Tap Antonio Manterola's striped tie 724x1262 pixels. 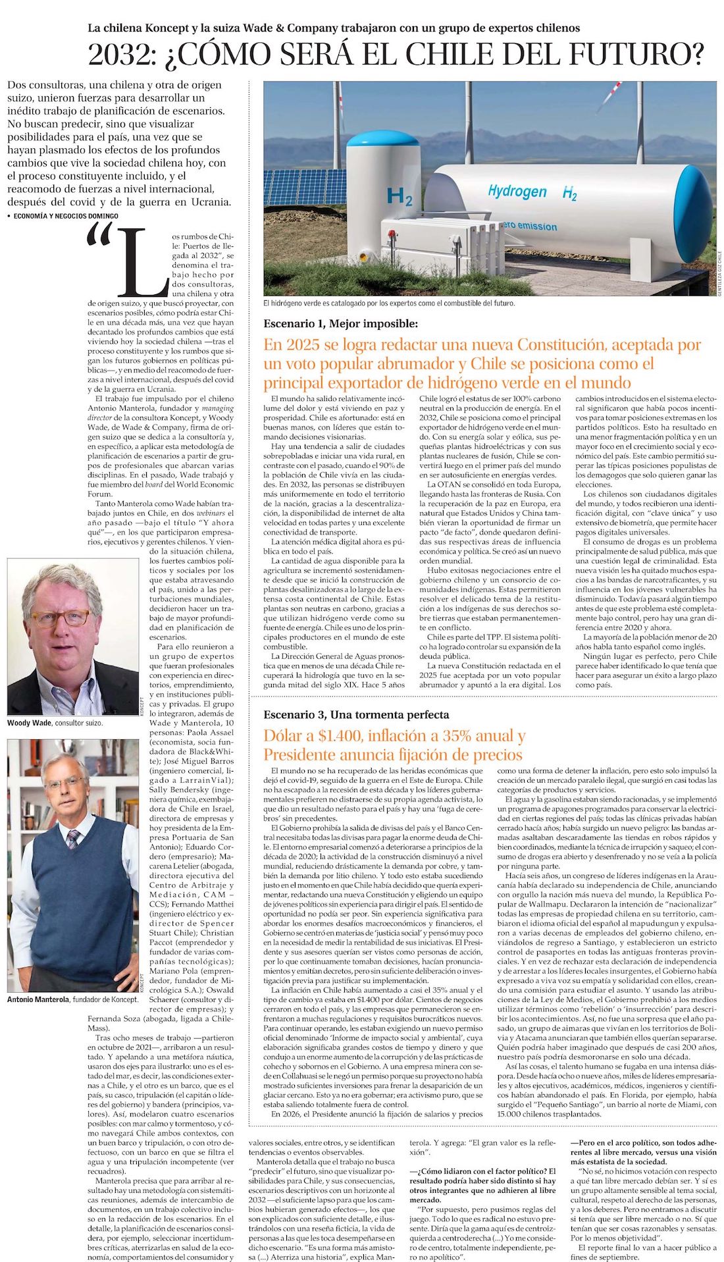72,839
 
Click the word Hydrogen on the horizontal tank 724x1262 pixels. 517,192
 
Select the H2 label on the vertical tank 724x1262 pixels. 400,196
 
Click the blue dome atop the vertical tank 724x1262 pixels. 382,138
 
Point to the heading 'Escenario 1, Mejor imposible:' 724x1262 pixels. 340,323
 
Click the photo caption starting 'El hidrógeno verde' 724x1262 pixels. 389,303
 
